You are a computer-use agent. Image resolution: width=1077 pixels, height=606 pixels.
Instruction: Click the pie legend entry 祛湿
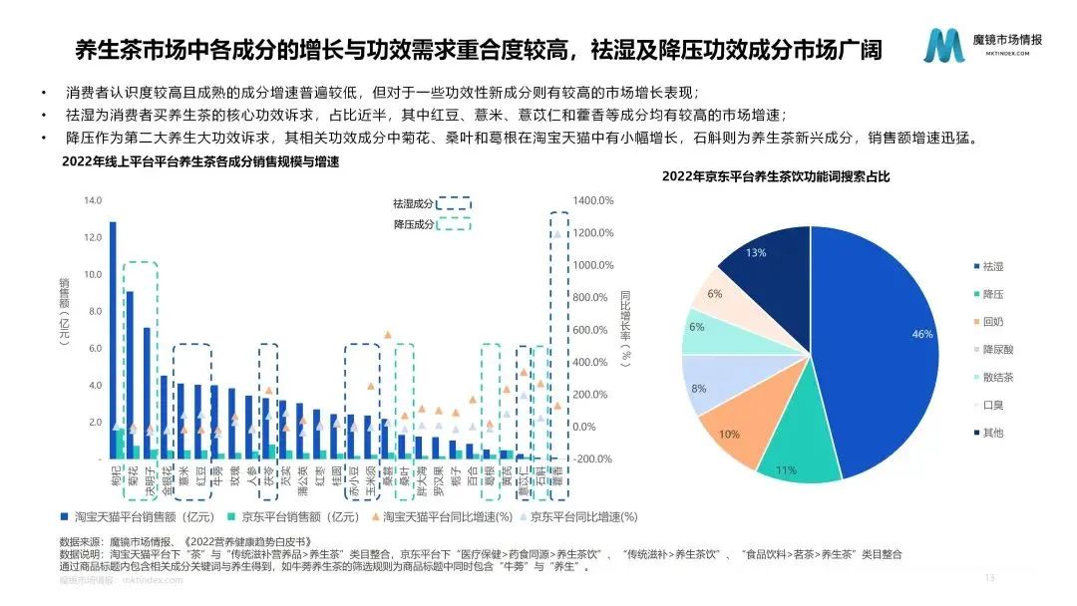pos(992,267)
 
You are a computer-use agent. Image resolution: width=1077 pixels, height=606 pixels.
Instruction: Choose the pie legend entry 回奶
pos(992,323)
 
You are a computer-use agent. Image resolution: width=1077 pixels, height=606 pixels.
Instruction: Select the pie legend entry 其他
pos(992,433)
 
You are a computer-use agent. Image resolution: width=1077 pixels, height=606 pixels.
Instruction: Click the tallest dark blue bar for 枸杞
pos(113,339)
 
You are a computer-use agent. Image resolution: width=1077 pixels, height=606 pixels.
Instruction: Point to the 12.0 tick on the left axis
pos(93,237)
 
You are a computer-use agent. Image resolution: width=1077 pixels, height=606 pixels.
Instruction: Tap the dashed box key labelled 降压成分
pos(431,225)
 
